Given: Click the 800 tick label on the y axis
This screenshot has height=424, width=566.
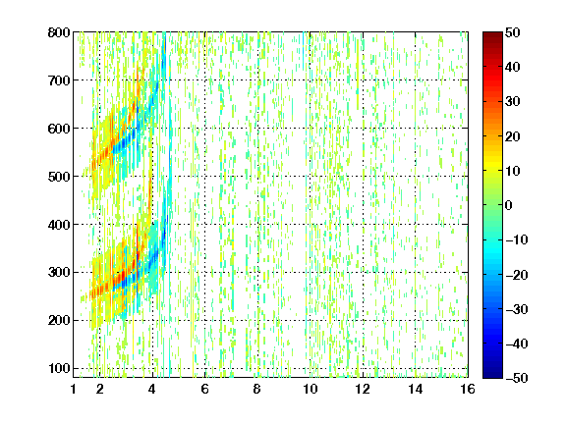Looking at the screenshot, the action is tap(59, 32).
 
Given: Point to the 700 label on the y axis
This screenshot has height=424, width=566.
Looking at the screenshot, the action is tap(59, 80).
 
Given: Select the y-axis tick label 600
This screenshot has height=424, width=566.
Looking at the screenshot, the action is tap(59, 129).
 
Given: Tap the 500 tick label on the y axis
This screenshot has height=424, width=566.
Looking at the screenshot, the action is tap(59, 177).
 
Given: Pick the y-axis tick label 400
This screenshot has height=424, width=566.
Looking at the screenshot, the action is tap(59, 225).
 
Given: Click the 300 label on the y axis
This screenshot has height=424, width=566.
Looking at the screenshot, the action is tap(59, 273).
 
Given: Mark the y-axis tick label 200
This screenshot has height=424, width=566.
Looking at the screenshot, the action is tap(59, 321).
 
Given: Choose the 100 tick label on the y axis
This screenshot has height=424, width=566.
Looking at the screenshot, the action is tap(59, 368).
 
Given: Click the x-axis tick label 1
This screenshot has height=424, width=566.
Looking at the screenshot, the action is tap(74, 389).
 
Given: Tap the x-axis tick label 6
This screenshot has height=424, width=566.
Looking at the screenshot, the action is tap(205, 389).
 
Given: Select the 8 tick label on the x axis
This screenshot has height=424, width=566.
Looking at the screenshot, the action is tap(257, 389).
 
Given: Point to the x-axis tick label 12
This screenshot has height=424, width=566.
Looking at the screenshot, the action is tap(363, 389).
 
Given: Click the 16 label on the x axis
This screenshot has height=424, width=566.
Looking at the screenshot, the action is tap(468, 389).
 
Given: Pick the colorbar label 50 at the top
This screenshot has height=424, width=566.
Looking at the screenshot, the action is tap(513, 32).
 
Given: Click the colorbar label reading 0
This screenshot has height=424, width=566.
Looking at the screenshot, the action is tap(509, 205).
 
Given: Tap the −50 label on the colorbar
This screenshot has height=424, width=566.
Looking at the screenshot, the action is tap(517, 378).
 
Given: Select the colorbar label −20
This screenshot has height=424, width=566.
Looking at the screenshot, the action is tap(517, 275).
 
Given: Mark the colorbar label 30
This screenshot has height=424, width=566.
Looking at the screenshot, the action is tap(513, 102).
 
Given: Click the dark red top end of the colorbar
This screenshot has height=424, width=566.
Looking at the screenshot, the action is tap(492, 34).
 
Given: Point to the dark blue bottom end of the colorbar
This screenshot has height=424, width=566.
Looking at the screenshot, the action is tap(492, 376).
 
